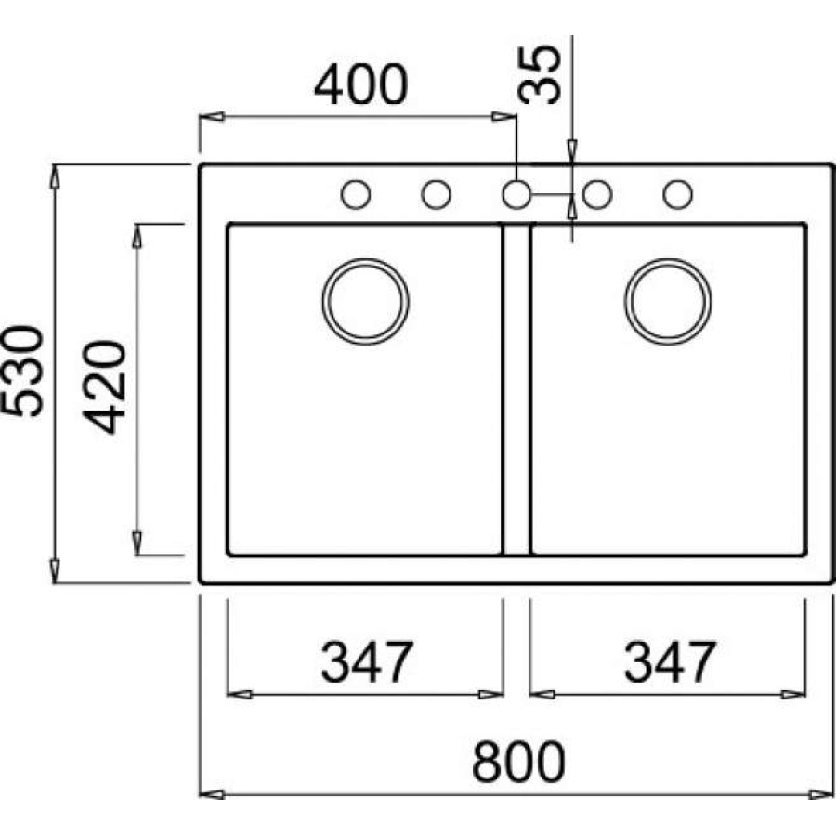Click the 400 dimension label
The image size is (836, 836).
pyautogui.click(x=361, y=85)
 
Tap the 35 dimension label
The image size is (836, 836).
pyautogui.click(x=540, y=74)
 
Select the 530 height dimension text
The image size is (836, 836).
pyautogui.click(x=22, y=371)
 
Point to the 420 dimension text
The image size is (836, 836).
pyautogui.click(x=104, y=387)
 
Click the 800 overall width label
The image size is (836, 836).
pyautogui.click(x=518, y=762)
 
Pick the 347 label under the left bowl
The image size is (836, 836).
pyautogui.click(x=367, y=661)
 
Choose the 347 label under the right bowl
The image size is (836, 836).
pyautogui.click(x=670, y=661)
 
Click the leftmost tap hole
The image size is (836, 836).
pyautogui.click(x=356, y=194)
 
